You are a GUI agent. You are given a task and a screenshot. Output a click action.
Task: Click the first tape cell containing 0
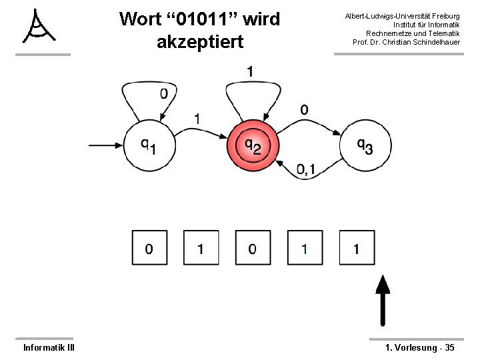click(149, 249)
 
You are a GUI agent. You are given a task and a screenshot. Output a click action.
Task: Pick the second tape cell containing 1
click(201, 249)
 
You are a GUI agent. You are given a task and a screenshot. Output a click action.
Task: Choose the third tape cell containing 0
click(253, 249)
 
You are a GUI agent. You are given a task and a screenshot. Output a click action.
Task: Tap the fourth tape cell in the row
click(305, 249)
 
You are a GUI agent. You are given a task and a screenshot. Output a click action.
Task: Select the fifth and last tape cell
click(357, 249)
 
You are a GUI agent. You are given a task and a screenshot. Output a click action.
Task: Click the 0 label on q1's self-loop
click(163, 94)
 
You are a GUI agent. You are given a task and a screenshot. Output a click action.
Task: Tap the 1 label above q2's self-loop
click(249, 71)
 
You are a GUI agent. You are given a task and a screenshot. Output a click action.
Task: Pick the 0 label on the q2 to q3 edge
click(305, 109)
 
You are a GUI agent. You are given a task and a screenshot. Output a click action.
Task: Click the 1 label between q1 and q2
click(197, 118)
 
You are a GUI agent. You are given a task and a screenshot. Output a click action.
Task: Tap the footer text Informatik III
click(49, 347)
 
